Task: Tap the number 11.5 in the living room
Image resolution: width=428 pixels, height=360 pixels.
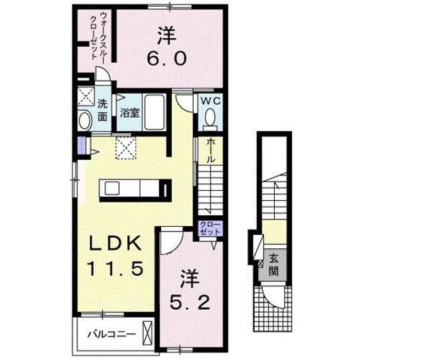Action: [x=116, y=269]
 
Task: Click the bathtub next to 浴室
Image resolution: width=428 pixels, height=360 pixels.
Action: [x=157, y=113]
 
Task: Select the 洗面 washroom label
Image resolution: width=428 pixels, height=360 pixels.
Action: [x=102, y=110]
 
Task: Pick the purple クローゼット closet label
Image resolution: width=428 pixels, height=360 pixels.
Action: [x=209, y=228]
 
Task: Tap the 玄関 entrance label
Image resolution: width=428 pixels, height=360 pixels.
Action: [x=275, y=265]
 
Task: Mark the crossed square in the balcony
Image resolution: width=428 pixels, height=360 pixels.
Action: [x=148, y=333]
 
